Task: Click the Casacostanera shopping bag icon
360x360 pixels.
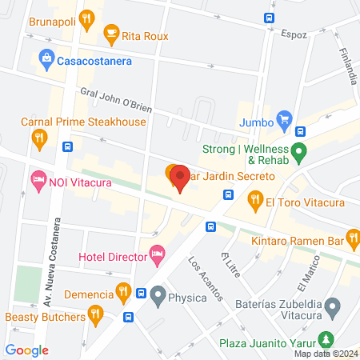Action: tap(46, 58)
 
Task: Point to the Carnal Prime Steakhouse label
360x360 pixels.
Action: tap(83, 122)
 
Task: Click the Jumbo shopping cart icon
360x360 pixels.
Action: tap(284, 122)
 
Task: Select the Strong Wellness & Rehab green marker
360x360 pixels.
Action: tap(299, 150)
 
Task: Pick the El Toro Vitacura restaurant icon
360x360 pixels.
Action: tap(255, 198)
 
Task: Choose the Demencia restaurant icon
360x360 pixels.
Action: tap(122, 290)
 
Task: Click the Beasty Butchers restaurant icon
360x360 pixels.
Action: tap(95, 314)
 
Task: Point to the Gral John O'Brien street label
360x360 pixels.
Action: tap(115, 101)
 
